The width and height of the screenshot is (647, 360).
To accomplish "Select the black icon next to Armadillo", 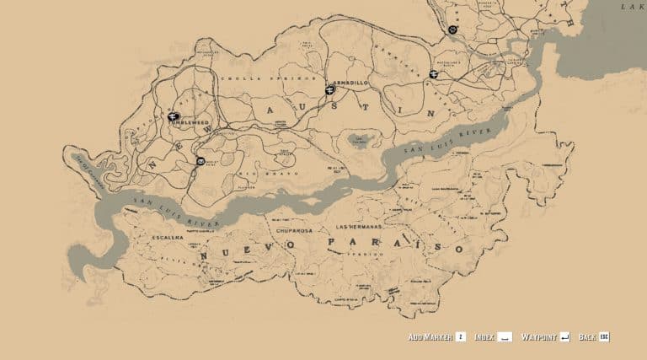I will pyautogui.click(x=329, y=89).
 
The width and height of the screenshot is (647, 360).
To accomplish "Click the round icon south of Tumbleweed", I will pyautogui.click(x=201, y=160).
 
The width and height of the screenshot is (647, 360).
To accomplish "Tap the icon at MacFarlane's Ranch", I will pyautogui.click(x=434, y=74).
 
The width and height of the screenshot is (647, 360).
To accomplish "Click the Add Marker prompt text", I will pyautogui.click(x=430, y=337).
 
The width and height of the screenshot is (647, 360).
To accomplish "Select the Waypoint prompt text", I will pyautogui.click(x=538, y=337).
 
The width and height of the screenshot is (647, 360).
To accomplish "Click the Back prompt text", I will pyautogui.click(x=587, y=337).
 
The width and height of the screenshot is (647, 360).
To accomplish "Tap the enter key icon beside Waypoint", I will pyautogui.click(x=564, y=337).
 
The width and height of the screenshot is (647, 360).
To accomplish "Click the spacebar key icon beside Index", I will pyautogui.click(x=505, y=337).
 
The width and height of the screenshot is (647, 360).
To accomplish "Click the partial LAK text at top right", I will pyautogui.click(x=633, y=7).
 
